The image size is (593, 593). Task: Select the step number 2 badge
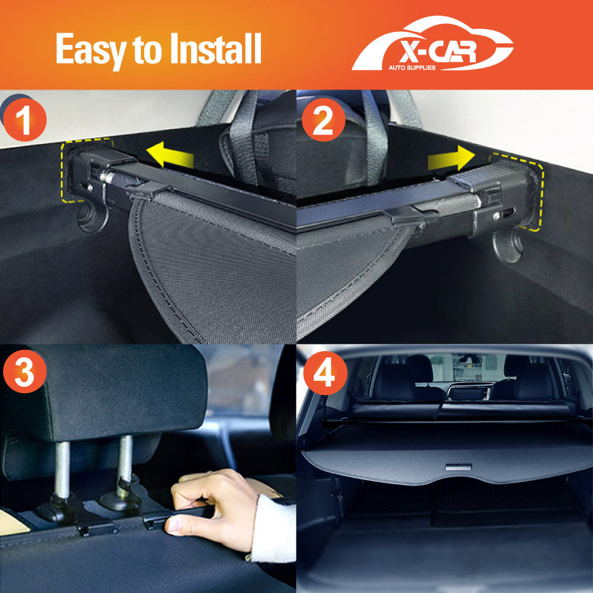click(x=323, y=121)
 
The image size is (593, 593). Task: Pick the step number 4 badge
click(x=323, y=373)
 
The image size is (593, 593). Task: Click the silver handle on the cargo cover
click(x=455, y=468)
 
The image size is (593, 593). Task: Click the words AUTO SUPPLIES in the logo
click(x=412, y=68)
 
